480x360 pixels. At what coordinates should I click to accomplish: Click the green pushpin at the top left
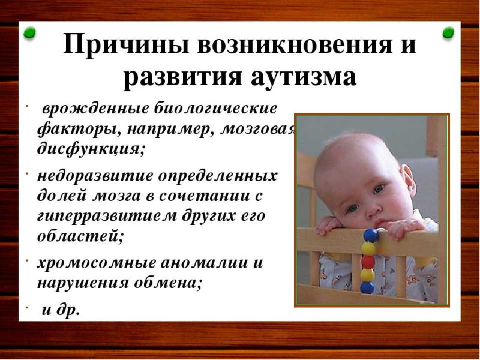pos(29,32)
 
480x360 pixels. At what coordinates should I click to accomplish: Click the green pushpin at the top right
pos(448,32)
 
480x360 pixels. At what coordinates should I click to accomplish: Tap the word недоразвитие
pos(95,176)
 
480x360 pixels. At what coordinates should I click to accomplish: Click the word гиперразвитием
pos(107,216)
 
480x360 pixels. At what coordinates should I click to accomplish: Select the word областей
pos(80,236)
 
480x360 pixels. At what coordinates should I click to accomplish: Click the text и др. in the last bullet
pos(61,310)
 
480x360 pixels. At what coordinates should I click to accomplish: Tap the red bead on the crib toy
pos(368,262)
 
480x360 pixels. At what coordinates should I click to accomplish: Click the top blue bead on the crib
pos(370,235)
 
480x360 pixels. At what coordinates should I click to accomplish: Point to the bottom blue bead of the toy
pos(367,287)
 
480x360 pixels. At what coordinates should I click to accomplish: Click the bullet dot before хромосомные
pos(27,260)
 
